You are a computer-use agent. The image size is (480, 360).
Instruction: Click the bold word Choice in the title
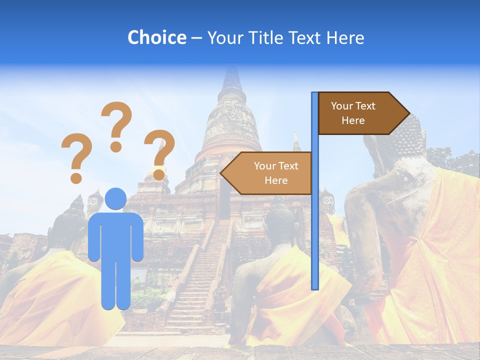coord(156,37)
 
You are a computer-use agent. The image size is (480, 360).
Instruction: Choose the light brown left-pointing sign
coord(270,173)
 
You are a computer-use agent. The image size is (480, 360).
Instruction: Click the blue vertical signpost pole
coord(314,225)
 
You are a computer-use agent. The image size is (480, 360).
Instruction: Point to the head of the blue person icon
coord(115,199)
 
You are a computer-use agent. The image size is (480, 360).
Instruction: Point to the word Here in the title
coord(345,37)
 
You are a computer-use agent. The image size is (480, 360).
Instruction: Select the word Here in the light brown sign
coord(276,180)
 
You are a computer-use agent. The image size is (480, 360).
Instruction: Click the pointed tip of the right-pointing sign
coord(408,113)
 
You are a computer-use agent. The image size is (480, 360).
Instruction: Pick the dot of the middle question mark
coord(116,146)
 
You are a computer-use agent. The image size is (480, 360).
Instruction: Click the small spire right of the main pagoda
coord(296,142)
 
